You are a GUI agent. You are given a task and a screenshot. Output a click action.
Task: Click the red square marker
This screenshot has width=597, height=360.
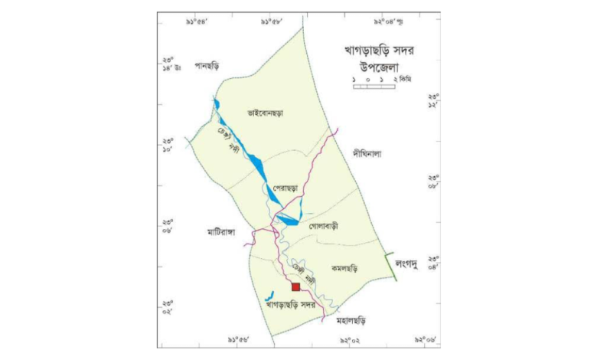tap(295, 287)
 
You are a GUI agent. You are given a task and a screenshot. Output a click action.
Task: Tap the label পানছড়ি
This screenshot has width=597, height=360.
tap(208, 66)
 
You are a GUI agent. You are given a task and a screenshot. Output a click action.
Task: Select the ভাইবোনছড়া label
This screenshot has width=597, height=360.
tap(266, 113)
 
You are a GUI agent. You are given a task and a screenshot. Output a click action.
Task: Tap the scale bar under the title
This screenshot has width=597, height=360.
tap(374, 86)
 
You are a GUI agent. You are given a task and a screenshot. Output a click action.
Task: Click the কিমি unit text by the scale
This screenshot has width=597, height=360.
tap(406, 79)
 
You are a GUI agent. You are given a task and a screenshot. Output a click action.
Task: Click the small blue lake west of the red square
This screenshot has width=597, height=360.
tap(269, 296)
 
